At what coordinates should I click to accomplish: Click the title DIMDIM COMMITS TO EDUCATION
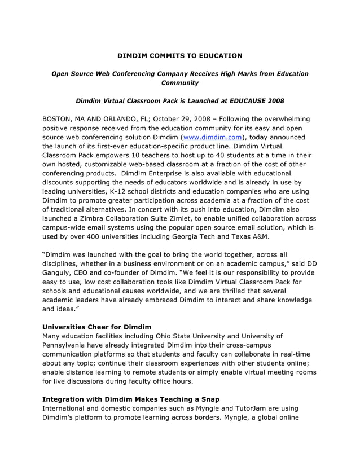[x=179, y=56]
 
